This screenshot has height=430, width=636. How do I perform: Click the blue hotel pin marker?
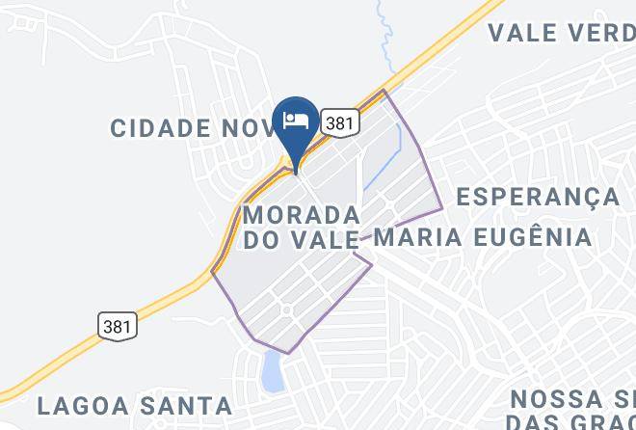coord(296,126)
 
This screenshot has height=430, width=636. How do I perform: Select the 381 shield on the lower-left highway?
coord(118,325)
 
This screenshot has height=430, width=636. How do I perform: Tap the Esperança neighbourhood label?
coord(538,197)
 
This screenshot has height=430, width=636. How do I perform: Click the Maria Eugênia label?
coord(482,236)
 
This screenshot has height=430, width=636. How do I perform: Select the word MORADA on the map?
coord(301,213)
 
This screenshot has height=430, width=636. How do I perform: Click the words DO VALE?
coord(301,239)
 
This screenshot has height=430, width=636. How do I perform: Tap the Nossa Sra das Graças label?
coord(572,410)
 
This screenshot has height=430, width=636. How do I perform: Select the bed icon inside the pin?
coord(296,120)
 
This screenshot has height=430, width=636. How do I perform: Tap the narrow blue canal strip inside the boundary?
coord(384,168)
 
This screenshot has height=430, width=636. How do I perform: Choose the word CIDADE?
coord(160,127)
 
